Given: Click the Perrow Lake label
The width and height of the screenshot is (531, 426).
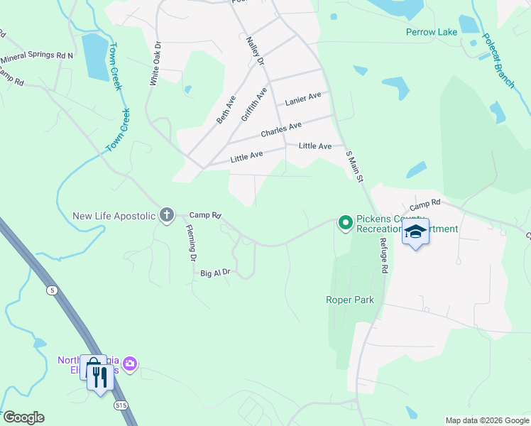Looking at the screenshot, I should (432, 32).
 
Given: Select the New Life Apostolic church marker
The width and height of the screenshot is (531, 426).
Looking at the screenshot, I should (167, 214).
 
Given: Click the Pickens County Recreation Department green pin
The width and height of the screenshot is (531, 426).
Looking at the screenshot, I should (346, 223).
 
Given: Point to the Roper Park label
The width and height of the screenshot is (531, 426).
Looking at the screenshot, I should (349, 300).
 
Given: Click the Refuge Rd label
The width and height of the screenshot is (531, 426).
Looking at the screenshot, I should (384, 257).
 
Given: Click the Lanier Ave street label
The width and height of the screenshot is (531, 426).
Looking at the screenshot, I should (303, 99).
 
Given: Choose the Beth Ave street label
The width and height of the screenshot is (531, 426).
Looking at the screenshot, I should (226, 109).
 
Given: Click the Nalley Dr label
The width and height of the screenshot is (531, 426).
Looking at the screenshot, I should (255, 52).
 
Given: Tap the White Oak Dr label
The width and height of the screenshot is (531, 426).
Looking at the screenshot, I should (155, 64).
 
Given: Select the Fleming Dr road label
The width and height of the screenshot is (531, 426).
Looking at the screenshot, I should (190, 244).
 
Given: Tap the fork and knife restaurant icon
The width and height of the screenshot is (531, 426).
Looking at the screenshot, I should (100, 376).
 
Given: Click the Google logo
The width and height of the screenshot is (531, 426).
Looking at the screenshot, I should (23, 417).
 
